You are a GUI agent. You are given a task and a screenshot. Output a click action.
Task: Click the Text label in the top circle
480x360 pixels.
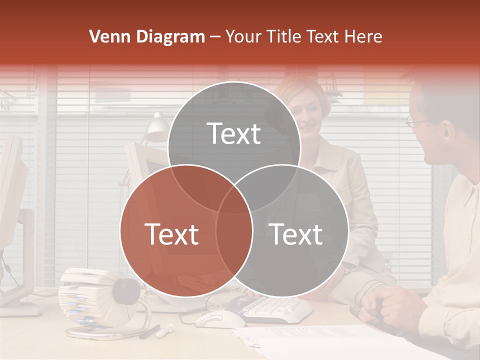[x=233, y=133]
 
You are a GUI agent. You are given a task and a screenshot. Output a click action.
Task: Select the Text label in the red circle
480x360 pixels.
[x=171, y=234]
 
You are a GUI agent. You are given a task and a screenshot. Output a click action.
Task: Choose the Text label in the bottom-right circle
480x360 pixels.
[x=296, y=234]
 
